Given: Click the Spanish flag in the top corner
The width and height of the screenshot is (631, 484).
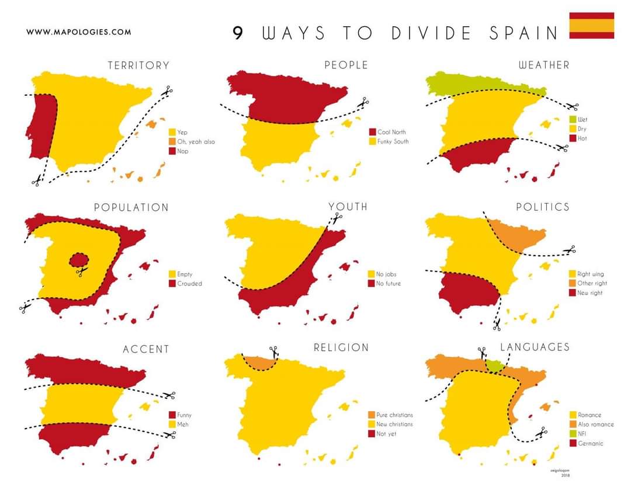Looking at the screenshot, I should pos(591,25).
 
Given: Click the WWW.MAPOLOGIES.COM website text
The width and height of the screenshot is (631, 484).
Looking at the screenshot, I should pos(78,32).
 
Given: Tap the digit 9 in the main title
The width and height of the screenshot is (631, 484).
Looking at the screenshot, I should pos(238,33).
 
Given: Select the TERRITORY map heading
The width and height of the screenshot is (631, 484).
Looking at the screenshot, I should pos(138,65).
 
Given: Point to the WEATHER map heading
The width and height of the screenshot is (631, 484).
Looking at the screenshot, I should pos(543,65).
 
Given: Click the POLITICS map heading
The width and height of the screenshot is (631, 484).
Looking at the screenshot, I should pos(542,207).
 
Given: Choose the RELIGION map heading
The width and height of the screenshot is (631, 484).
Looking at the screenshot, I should pos(341,347).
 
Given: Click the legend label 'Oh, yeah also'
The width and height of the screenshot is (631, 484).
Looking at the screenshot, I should pos(196,142).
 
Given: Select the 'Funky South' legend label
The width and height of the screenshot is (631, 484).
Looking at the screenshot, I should pos(393,142).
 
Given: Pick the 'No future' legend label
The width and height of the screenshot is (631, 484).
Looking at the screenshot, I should pos(389,284).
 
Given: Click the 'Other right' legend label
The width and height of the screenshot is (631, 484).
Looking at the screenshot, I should pos(592,284).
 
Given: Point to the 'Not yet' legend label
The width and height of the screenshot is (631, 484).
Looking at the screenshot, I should pos(386,434).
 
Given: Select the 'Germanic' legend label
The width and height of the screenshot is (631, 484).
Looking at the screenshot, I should pos(590,444).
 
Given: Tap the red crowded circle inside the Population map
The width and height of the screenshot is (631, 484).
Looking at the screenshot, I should pos(79,259).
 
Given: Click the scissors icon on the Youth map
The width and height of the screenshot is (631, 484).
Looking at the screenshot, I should pos(337,217).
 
